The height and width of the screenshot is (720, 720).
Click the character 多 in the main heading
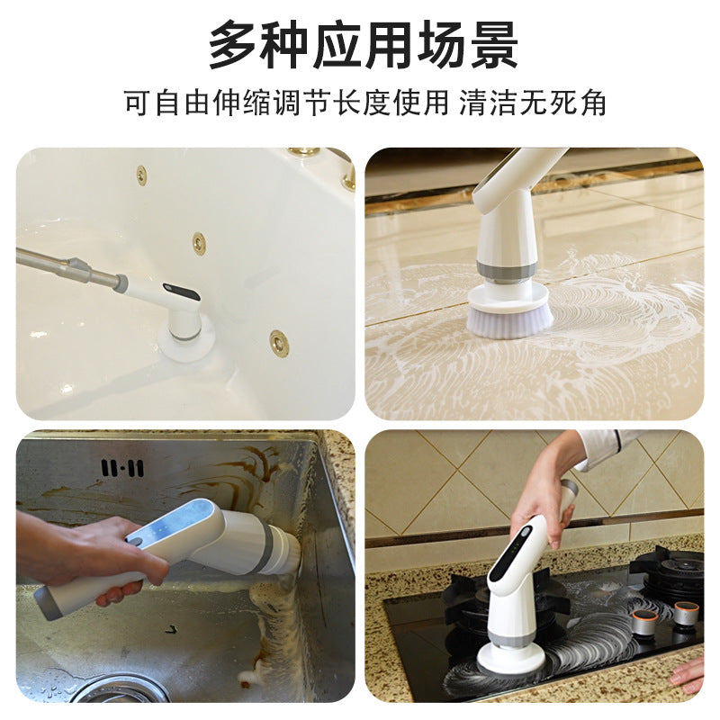(234, 44)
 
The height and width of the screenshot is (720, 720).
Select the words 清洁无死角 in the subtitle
(533, 103)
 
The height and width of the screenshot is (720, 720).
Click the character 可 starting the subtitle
(139, 103)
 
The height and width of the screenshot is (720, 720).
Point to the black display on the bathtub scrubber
(182, 292)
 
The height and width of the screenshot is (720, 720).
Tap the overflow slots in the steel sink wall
(122, 468)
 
